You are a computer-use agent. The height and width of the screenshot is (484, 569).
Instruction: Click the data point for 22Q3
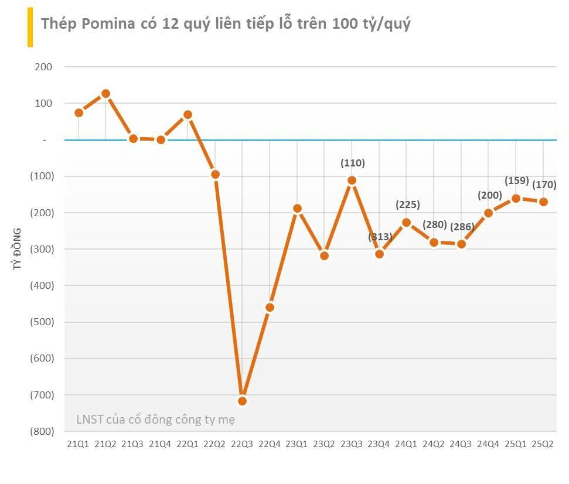click(243, 401)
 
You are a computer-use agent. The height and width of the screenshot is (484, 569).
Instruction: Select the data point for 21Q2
click(105, 94)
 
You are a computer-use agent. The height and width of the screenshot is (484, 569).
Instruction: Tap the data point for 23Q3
click(352, 180)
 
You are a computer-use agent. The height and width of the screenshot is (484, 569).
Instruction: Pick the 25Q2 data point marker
click(543, 202)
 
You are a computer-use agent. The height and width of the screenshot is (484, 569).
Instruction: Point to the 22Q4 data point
click(270, 308)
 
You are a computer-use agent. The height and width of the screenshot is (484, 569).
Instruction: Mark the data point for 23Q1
click(297, 208)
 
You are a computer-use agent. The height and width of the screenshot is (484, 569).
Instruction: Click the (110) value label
click(352, 163)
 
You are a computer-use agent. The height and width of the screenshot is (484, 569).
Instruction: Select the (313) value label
click(379, 237)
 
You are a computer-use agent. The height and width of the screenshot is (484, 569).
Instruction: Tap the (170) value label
click(544, 185)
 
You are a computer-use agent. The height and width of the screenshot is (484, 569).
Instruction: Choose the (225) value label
click(407, 204)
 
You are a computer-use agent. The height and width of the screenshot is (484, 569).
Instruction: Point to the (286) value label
click(462, 227)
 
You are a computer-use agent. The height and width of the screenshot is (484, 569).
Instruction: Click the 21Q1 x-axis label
click(78, 445)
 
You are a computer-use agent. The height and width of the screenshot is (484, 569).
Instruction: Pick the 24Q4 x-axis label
click(489, 445)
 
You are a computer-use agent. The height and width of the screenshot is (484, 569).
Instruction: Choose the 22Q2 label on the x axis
click(215, 445)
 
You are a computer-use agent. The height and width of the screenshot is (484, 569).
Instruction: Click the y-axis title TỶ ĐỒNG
click(18, 249)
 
